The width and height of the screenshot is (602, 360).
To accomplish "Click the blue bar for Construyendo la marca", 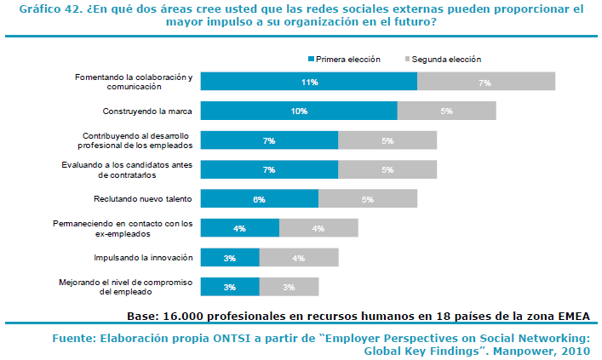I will point(299,111).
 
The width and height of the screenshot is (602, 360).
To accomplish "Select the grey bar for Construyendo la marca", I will point(446,111).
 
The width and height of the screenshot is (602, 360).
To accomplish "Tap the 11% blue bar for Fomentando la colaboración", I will point(309,82).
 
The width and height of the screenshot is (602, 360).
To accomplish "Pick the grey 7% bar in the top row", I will point(485,82).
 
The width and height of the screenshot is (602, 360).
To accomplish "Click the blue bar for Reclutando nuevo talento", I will point(260,199).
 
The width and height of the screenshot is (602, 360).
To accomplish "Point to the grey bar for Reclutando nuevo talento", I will point(368,199).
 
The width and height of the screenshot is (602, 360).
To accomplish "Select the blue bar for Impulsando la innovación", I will point(230,257).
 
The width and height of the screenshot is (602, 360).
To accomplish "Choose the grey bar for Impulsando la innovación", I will point(299,257).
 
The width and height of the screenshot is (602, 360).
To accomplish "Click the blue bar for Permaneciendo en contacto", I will point(240,228).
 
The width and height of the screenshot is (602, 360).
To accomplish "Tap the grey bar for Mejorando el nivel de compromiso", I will point(289,287).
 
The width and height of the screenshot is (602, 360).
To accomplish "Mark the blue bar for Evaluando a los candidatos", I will point(269,169).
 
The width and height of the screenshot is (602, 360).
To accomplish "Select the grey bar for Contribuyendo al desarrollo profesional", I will point(387,140).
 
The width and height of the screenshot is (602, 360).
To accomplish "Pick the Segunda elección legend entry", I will point(446,60).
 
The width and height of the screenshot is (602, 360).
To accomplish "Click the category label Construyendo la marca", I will point(147,111).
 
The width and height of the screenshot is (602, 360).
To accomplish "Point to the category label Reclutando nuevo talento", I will point(143,199).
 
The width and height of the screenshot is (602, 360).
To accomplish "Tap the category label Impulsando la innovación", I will point(144,257).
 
